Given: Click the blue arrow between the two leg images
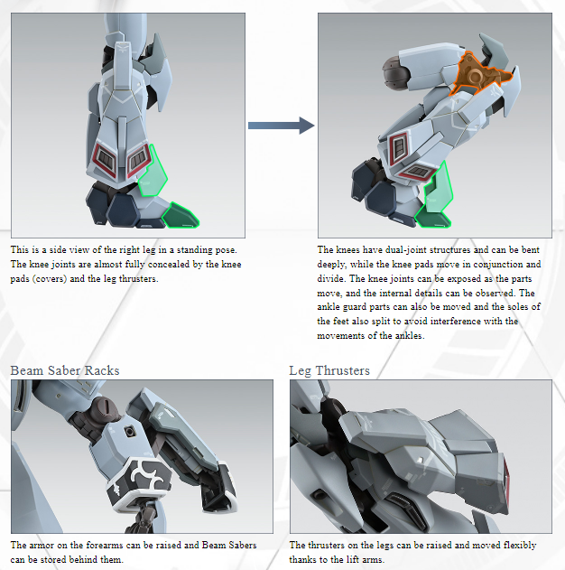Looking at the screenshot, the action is [281, 126].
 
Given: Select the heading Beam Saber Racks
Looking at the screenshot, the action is [65, 370].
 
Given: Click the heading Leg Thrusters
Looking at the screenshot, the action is [329, 370].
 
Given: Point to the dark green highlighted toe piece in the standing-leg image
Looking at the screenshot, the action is [181, 216].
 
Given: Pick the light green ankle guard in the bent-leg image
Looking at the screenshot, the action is [439, 189].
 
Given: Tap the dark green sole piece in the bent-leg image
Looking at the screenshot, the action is [433, 218].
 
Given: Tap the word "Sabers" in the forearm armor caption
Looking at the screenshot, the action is [241, 546].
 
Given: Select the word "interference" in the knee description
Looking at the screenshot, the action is [455, 322].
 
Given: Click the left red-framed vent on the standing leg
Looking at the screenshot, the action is [105, 160].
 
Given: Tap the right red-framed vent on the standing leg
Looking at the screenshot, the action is [139, 160].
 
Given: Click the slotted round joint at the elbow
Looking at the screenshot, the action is [107, 408].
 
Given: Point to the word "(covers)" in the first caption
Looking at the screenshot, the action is [50, 279].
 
